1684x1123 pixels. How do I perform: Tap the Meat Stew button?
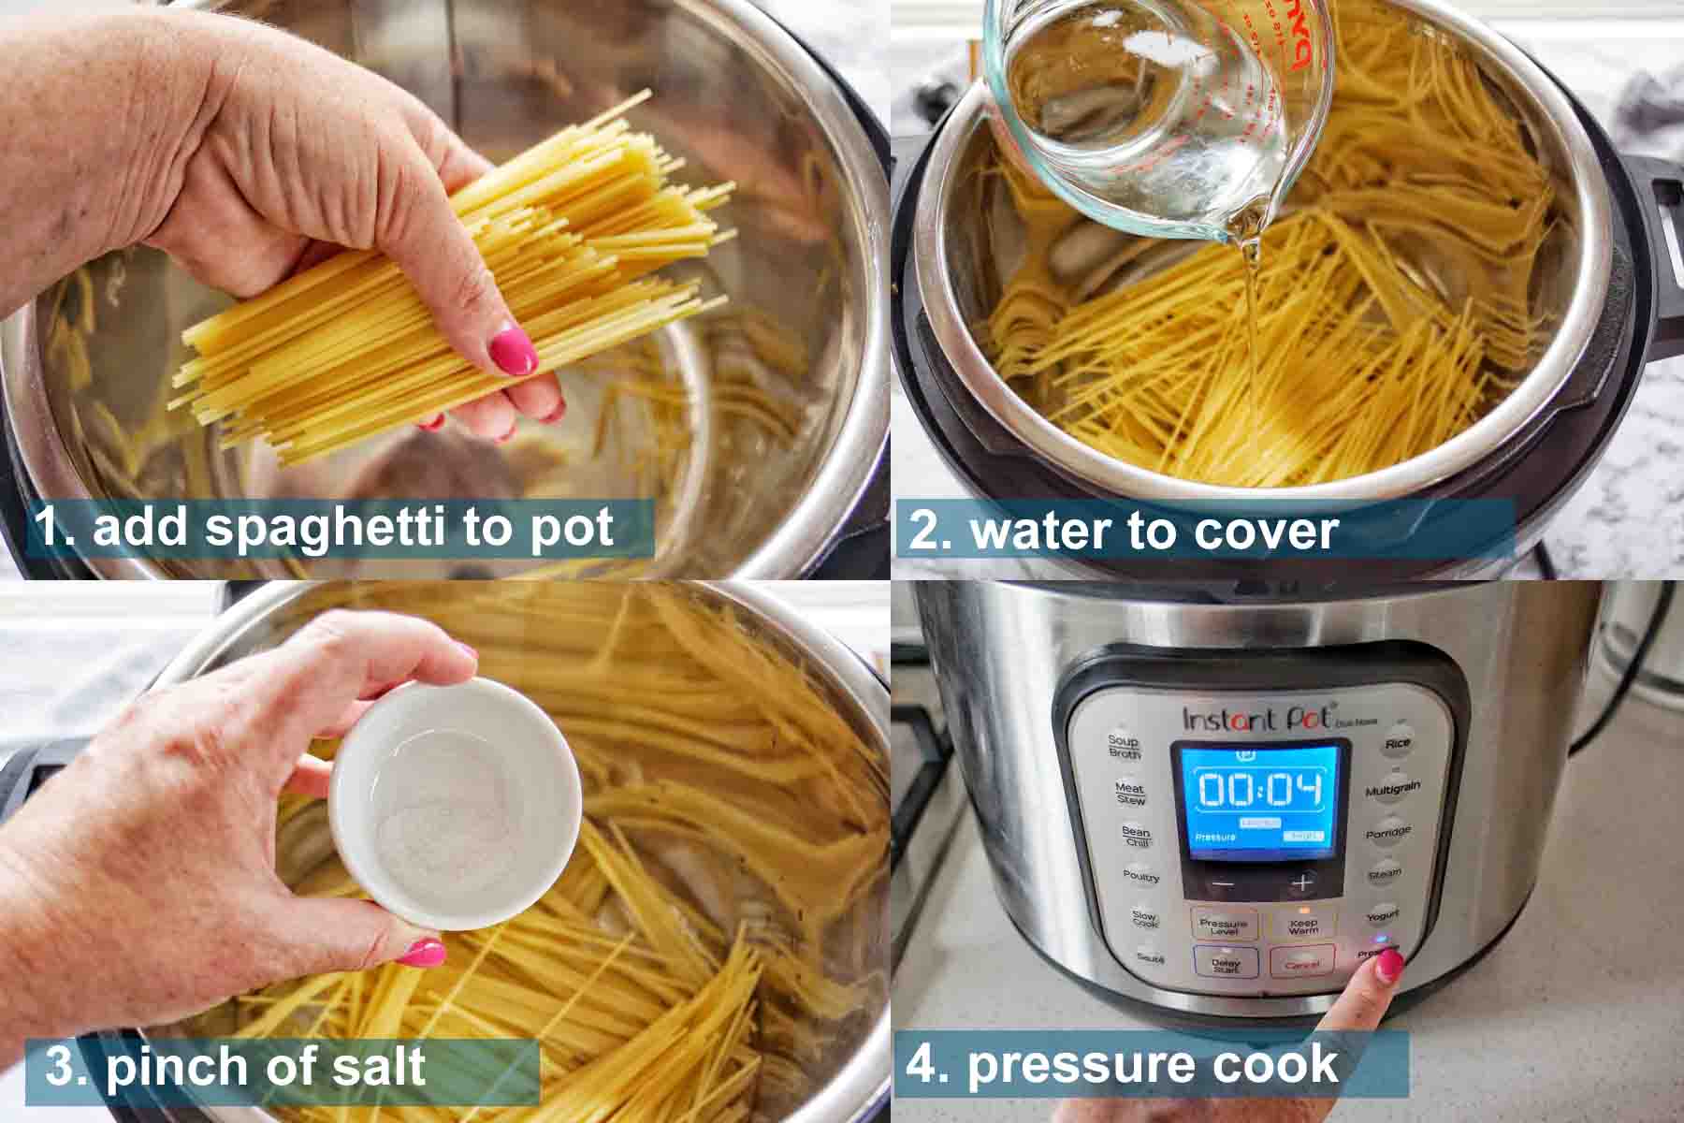click(x=1129, y=794)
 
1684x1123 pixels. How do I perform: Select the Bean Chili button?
click(x=1136, y=836)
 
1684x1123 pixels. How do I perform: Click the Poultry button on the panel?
click(x=1140, y=877)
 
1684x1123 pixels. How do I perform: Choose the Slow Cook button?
click(x=1144, y=919)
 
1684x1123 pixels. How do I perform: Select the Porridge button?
click(x=1387, y=832)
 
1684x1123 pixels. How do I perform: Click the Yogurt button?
click(x=1383, y=914)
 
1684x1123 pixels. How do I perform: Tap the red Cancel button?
click(x=1301, y=963)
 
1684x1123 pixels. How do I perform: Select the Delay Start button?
click(x=1226, y=963)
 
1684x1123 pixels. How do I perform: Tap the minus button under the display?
click(x=1225, y=883)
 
